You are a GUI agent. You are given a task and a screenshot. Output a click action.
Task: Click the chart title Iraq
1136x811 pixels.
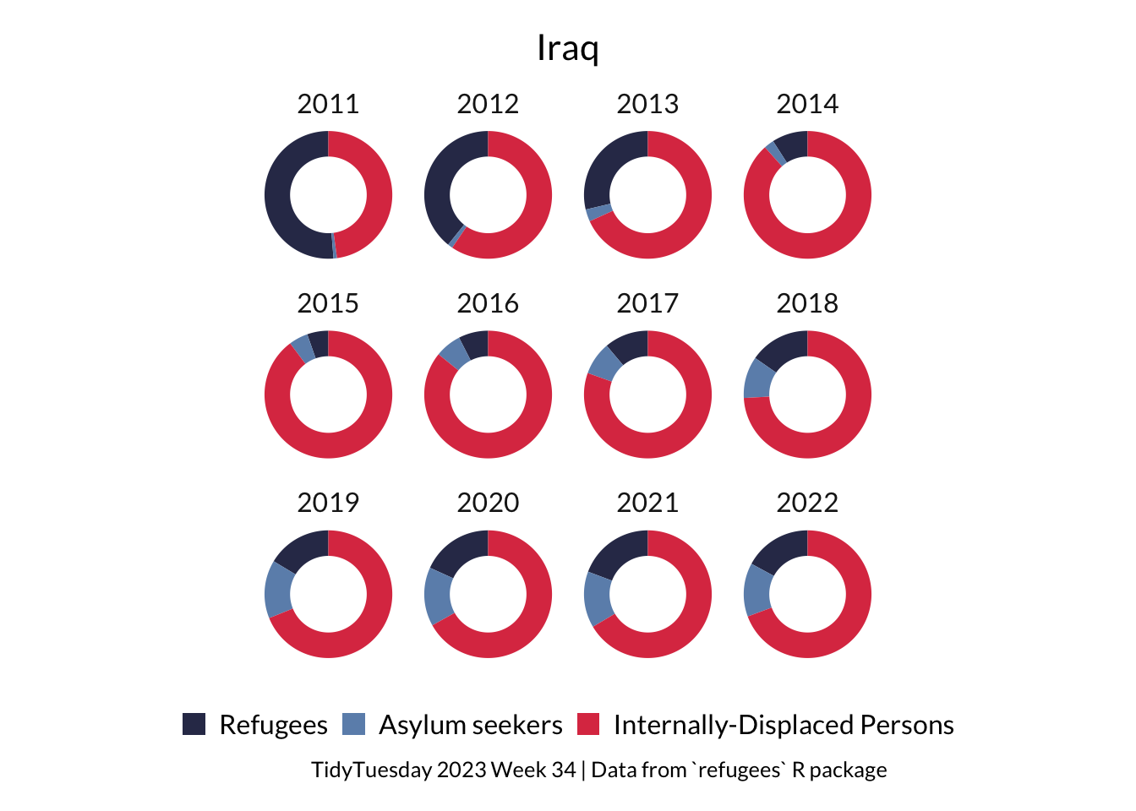pos(567,48)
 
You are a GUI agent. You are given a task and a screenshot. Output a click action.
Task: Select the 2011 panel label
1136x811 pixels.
pos(328,104)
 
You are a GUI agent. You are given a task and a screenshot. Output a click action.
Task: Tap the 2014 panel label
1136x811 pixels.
pos(807,104)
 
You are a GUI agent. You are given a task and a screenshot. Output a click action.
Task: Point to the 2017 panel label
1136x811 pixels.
pos(647,303)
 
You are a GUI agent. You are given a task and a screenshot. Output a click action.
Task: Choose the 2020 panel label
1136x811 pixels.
pos(488,503)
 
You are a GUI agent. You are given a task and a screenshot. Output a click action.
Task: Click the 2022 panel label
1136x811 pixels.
pos(807,503)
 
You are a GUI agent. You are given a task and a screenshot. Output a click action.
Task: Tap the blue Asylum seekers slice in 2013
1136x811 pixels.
pos(598,212)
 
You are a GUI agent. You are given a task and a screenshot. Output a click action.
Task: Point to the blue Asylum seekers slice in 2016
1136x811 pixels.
pos(454,352)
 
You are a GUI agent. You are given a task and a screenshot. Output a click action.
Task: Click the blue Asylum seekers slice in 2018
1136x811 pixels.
pos(758,378)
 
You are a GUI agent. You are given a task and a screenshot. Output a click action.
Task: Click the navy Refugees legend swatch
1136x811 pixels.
pos(194,725)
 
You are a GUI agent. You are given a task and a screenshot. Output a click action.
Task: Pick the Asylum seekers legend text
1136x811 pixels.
pos(470,725)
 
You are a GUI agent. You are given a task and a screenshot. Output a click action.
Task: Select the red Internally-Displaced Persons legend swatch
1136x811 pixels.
pos(588,725)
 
